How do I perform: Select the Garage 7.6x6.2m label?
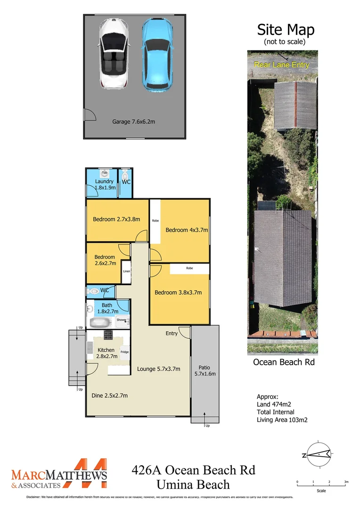[133, 122]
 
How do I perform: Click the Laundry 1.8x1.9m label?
[104, 184]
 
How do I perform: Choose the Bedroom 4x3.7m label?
[186, 230]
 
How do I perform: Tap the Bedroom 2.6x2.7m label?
[104, 260]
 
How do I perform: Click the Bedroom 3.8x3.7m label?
[178, 292]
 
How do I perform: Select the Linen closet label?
[126, 271]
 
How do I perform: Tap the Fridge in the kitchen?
[124, 352]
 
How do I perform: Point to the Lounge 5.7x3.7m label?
[158, 369]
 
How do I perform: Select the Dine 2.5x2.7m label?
[109, 395]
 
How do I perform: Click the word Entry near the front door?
[172, 334]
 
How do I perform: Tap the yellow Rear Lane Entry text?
[281, 65]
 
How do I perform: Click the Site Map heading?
[285, 30]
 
